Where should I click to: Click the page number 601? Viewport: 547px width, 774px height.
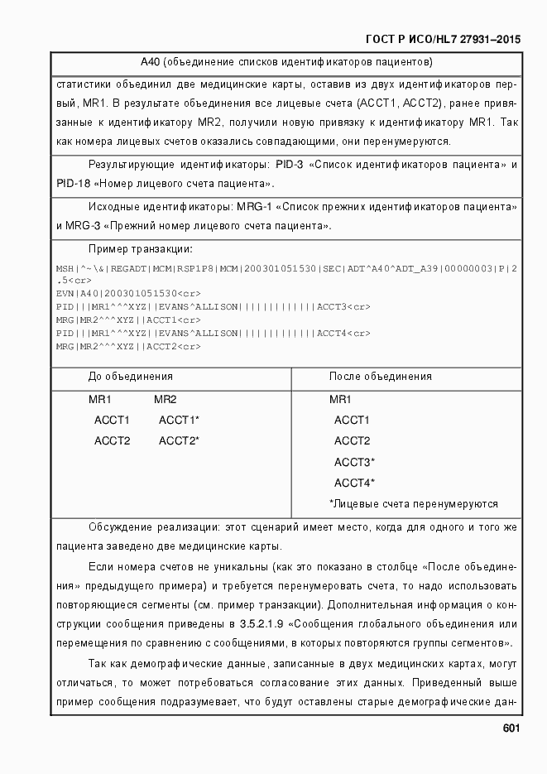coord(511,728)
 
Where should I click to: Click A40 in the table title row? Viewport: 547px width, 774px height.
coord(149,62)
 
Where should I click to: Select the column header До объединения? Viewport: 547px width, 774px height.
coord(131,377)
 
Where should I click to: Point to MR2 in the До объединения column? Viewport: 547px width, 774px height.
coord(166,400)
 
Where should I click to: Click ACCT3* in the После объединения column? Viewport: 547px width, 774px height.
coord(354,462)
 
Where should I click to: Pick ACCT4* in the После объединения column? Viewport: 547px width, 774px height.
coord(354,483)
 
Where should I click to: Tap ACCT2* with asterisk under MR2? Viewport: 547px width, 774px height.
coord(179,441)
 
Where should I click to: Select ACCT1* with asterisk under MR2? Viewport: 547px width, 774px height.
coord(179,421)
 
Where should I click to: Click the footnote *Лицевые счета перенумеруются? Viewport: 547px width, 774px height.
coord(413,503)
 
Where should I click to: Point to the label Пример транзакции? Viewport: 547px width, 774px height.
coord(141,249)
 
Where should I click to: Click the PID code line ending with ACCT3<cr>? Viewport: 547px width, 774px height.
coord(213,306)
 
